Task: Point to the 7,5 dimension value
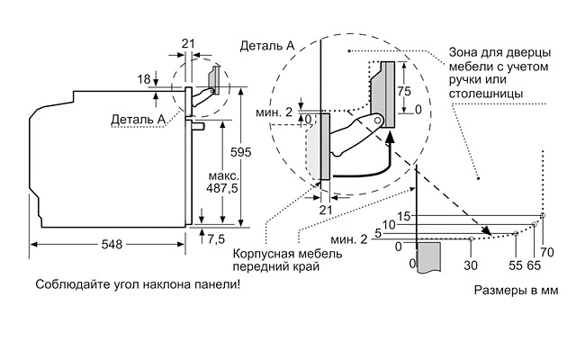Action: coord(217,239)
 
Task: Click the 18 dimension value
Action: coord(144,79)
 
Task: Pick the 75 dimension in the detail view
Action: coord(406,91)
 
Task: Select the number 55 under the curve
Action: coord(516,267)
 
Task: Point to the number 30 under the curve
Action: coord(471,267)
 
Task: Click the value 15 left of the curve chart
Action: coord(403,215)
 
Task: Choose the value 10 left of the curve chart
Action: coord(389,224)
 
